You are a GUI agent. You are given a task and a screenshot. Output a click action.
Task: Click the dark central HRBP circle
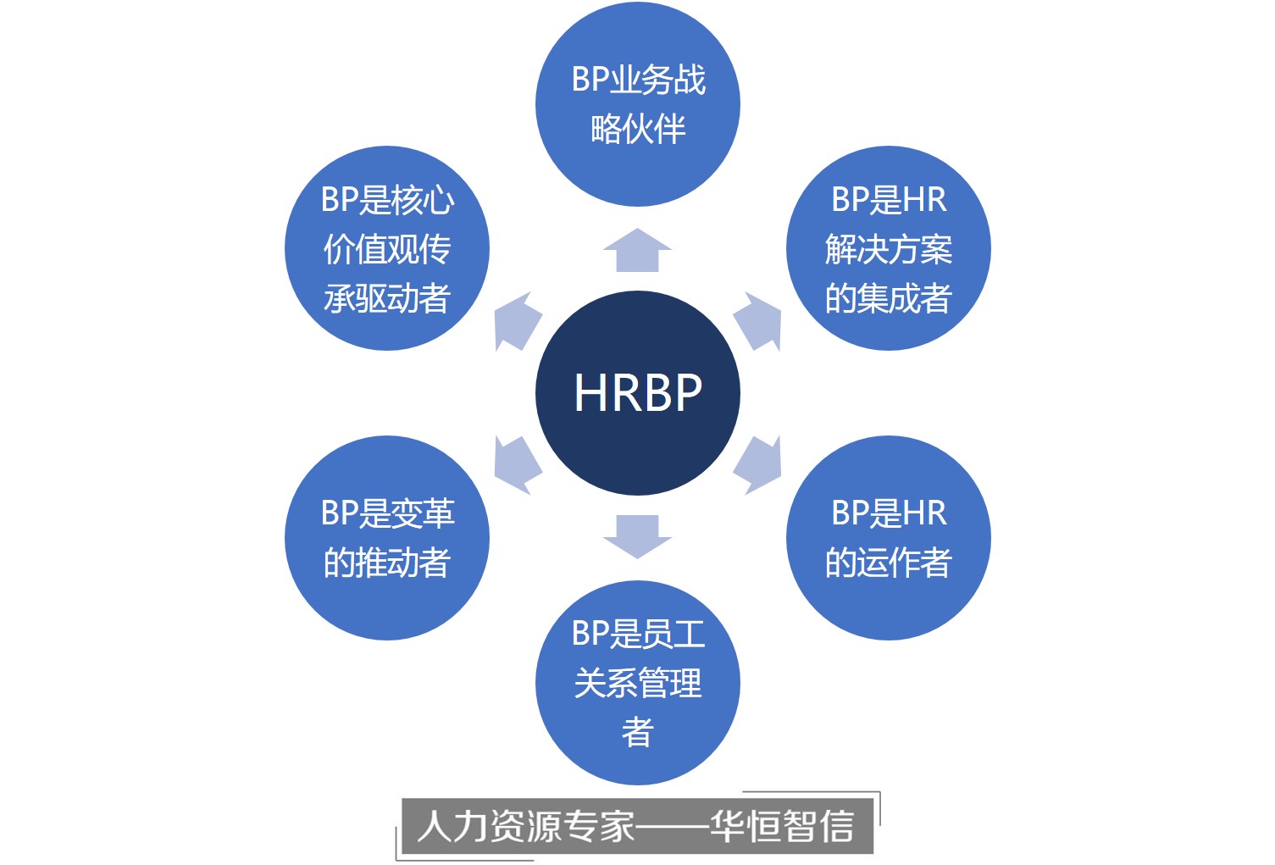(x=637, y=392)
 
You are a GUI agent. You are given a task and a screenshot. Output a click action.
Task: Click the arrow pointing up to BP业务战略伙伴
(x=637, y=251)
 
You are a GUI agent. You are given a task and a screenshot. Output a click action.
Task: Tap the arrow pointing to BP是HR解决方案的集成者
(x=757, y=322)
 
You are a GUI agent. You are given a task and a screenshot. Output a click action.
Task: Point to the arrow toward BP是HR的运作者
(x=757, y=464)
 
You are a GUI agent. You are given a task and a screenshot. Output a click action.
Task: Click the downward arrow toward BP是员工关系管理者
(x=637, y=535)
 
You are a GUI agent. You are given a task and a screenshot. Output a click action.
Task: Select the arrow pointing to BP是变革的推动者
(x=517, y=464)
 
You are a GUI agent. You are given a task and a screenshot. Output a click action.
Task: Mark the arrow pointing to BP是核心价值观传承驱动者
(x=517, y=322)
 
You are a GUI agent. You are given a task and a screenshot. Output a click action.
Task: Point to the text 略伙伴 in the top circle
(x=637, y=130)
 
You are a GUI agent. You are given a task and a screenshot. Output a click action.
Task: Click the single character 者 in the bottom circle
(x=637, y=732)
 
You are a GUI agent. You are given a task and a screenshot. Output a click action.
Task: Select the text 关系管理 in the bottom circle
(x=637, y=683)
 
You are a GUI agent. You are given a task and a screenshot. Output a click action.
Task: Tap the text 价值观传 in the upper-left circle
(x=387, y=249)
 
